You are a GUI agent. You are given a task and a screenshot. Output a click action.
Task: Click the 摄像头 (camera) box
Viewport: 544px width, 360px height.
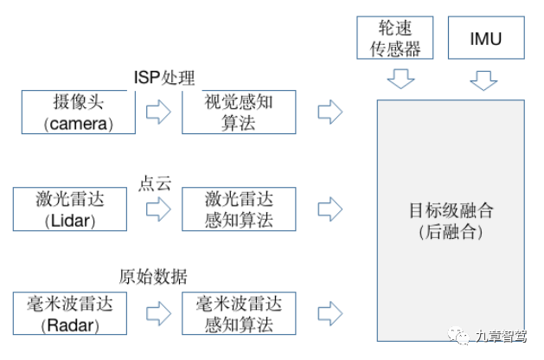point(79,112)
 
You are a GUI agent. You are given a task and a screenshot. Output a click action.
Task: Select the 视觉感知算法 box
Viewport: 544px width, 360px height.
point(239,112)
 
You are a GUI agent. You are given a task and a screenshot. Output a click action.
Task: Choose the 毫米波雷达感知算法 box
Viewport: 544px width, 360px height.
point(239,313)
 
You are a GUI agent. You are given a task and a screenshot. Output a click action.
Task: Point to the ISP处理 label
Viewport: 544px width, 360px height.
point(164,78)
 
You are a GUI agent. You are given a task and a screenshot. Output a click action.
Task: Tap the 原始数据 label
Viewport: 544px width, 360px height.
point(153,276)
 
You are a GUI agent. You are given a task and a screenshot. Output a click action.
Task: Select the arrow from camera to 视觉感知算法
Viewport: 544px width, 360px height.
point(158,112)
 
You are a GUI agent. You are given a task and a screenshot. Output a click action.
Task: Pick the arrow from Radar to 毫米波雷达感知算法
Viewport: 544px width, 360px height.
point(158,313)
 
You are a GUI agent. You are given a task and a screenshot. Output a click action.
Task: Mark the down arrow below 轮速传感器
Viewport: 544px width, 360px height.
point(400,80)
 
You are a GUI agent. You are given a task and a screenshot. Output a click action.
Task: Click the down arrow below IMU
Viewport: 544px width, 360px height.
point(485,80)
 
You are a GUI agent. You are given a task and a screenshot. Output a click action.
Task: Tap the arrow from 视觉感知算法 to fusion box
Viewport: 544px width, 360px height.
point(330,112)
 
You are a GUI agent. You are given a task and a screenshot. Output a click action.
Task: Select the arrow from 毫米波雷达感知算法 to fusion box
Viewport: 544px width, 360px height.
point(330,313)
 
